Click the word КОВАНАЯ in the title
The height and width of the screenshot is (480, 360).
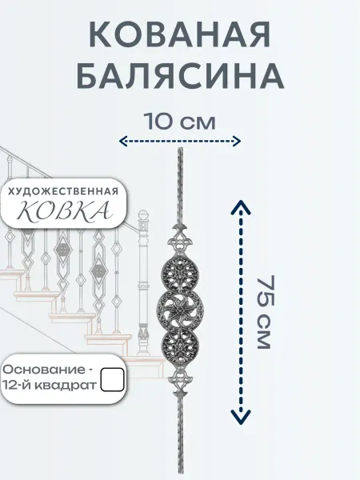click(180, 34)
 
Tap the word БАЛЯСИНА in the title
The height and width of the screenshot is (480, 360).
click(180, 76)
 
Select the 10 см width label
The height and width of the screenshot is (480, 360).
click(180, 122)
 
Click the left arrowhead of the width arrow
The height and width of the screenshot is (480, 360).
click(122, 141)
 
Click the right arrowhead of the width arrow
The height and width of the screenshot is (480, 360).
click(237, 141)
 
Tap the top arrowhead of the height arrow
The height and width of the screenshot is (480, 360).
click(241, 206)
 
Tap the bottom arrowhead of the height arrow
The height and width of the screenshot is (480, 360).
click(241, 418)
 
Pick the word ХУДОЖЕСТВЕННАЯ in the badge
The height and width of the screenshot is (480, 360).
click(62, 192)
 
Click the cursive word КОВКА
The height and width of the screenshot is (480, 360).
click(62, 211)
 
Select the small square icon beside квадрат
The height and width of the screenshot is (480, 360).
click(112, 379)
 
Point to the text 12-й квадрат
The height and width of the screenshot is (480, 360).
click(50, 386)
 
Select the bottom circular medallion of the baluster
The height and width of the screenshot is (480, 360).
click(180, 351)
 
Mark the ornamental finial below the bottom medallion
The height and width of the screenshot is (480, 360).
click(180, 384)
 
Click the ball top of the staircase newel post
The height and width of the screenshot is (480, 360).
click(143, 215)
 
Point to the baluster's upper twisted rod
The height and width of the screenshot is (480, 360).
click(180, 186)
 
